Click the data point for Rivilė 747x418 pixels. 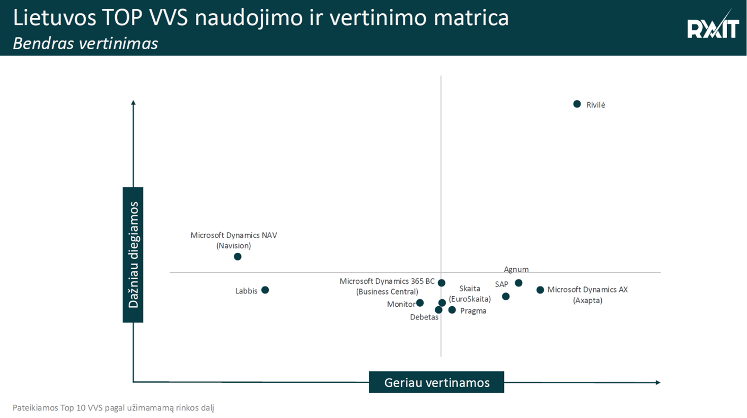coord(577,104)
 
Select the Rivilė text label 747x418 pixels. coord(595,105)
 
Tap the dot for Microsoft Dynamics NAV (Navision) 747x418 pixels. coord(237,256)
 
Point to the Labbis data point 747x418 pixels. coord(265,290)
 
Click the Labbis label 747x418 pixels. coord(246,291)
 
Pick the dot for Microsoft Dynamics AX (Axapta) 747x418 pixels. coord(540,290)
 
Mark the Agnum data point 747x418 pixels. coord(519,283)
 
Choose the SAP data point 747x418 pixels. coord(505,297)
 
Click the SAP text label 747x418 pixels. coord(501,284)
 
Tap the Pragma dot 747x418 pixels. coord(452,310)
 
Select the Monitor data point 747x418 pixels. coord(420,303)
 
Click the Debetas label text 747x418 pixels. coord(424,317)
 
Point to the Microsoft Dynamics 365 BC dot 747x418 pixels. coord(442,283)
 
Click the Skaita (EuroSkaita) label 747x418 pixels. coord(469,294)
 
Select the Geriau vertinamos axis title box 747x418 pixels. coord(436,382)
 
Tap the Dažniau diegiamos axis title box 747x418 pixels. coord(133,254)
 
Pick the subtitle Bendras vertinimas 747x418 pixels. coord(85,44)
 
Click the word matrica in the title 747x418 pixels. coord(471,18)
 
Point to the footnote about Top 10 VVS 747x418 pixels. coord(113,408)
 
